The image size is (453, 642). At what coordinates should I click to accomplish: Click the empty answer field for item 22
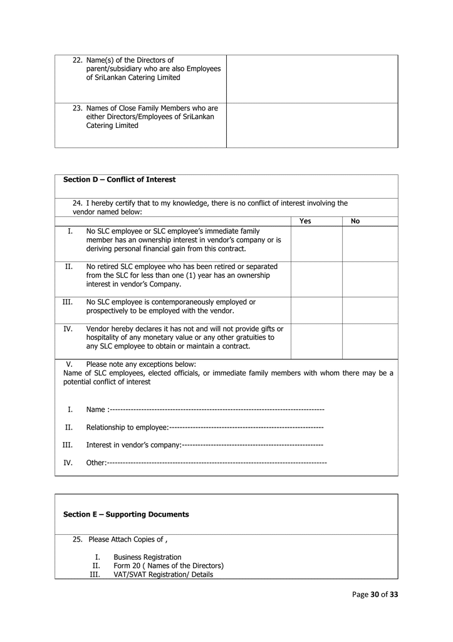point(311,78)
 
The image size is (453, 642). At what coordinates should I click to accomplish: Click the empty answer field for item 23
point(311,125)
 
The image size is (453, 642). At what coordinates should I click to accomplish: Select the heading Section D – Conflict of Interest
point(119,180)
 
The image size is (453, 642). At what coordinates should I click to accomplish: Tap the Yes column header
point(305,221)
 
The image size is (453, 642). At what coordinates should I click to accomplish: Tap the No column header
point(355,221)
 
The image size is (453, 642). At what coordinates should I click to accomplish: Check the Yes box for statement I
point(316,243)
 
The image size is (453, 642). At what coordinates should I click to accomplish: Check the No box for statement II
point(370,279)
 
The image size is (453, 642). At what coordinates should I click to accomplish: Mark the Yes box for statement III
point(316,310)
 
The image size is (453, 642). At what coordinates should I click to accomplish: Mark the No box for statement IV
point(370,341)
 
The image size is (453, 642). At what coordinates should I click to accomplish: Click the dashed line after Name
point(216,409)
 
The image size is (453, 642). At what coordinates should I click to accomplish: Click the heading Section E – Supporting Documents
point(126,515)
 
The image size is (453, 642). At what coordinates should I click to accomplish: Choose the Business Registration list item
point(147,557)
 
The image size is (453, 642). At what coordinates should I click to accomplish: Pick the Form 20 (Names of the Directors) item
point(169,566)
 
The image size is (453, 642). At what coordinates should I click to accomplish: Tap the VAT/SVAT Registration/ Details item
point(163,574)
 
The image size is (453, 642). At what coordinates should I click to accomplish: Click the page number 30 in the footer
point(375,595)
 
